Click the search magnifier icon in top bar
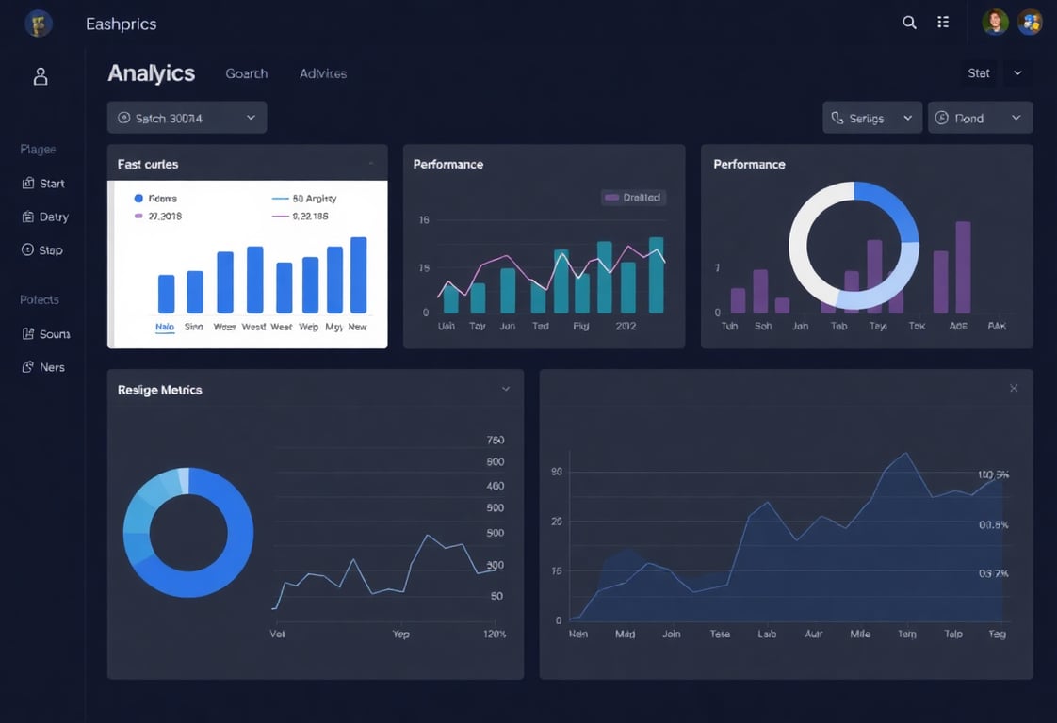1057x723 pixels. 909,23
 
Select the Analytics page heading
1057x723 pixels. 151,73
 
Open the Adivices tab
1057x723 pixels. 323,73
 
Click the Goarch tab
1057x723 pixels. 247,73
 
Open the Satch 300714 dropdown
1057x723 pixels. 187,118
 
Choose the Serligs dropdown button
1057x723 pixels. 872,118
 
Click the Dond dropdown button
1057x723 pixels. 980,118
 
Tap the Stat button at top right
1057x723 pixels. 979,73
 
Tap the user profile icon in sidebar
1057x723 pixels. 41,76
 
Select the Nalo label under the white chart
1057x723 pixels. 165,327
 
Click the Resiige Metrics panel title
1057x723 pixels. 160,390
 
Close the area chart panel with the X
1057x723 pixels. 1014,388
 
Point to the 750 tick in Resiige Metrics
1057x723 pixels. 495,441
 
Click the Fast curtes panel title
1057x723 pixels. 148,164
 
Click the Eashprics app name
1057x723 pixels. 121,24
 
